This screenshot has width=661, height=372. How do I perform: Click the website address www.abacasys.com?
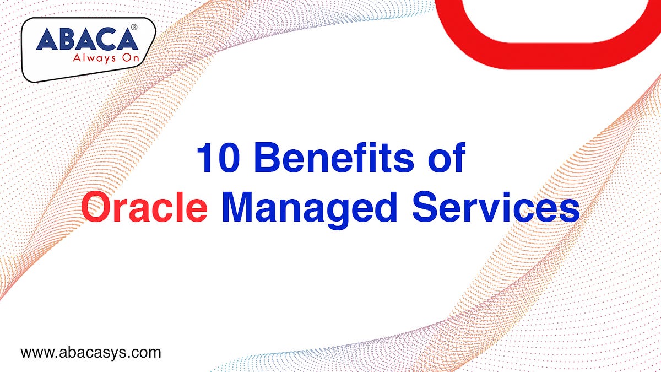pyautogui.click(x=91, y=352)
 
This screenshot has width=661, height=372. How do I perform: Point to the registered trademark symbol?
pyautogui.click(x=134, y=27)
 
